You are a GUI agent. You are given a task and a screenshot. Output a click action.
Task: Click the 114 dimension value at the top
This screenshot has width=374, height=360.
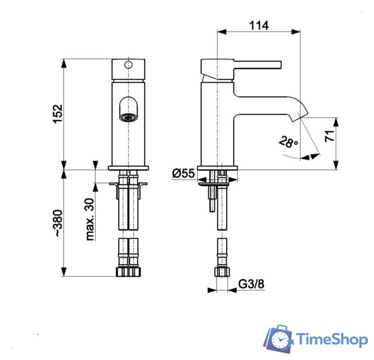pos(258,25)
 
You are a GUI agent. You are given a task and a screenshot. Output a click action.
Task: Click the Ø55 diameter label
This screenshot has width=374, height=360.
pos(183,174)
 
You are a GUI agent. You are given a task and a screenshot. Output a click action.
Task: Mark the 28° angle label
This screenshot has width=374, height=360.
pos(288,142)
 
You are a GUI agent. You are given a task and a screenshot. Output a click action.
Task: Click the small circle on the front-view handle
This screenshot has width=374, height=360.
pos(128,65)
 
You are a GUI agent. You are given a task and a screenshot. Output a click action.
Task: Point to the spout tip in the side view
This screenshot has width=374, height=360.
pos(298,115)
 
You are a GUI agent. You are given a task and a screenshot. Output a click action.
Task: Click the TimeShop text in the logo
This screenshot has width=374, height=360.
pos(331,340)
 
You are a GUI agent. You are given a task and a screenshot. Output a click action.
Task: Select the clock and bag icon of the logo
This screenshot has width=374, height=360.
pos(280,338)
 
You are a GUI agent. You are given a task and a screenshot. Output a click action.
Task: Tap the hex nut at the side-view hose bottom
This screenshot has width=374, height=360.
pos(222,272)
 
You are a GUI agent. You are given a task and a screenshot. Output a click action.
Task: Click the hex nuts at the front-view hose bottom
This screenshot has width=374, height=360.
pos(128,272)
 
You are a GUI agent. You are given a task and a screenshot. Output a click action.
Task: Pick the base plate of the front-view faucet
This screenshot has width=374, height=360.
pos(128,168)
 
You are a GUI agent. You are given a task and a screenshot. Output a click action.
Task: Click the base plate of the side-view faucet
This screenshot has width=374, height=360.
pos(220,168)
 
